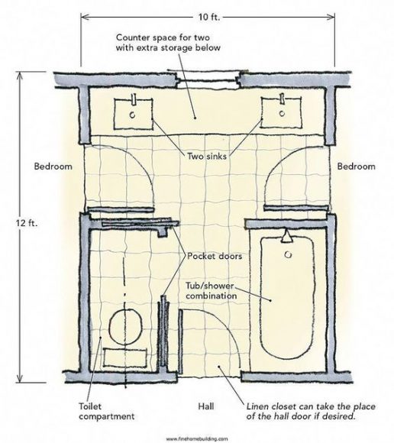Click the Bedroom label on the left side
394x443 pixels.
53,166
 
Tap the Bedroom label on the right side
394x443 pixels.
356,166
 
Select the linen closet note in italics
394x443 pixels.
307,412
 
